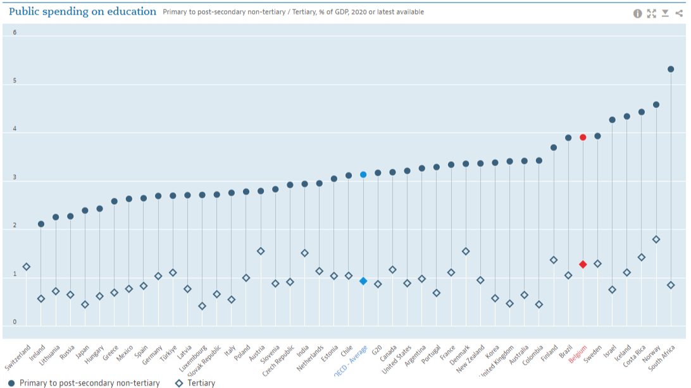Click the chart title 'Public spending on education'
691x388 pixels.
[x=82, y=11]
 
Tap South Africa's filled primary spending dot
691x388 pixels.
[x=671, y=70]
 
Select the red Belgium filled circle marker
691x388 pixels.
[x=583, y=137]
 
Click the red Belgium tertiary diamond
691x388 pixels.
[x=583, y=264]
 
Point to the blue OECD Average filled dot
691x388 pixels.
[x=363, y=174]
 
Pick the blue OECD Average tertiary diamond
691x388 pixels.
[x=363, y=281]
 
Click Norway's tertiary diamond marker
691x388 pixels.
[x=656, y=239]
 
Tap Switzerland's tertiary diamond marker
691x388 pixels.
[x=27, y=267]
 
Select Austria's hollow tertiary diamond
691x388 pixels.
[x=261, y=251]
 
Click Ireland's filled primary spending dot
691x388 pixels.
[x=41, y=224]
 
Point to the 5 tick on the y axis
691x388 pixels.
[x=15, y=82]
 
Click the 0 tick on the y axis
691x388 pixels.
[x=15, y=322]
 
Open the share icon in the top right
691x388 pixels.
[x=679, y=13]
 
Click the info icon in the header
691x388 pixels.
[x=638, y=13]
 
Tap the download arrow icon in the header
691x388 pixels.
[x=665, y=13]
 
